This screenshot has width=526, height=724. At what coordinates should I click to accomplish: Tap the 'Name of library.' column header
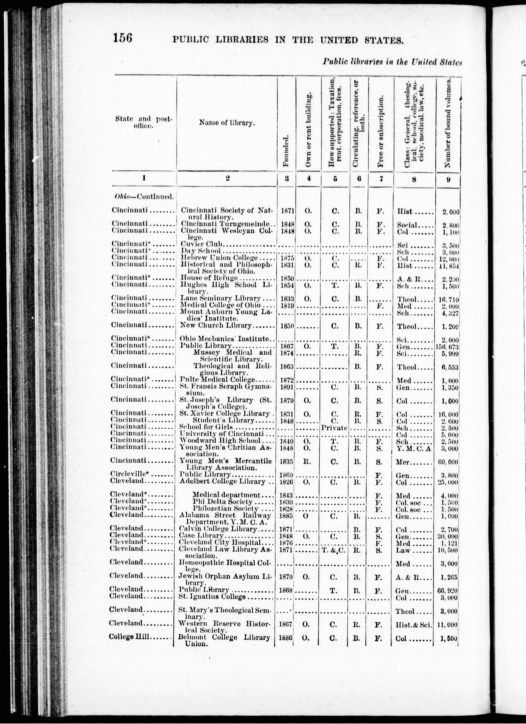(227, 123)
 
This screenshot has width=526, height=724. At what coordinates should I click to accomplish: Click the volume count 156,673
(448, 346)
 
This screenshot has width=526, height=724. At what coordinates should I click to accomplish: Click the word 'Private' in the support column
(334, 428)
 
